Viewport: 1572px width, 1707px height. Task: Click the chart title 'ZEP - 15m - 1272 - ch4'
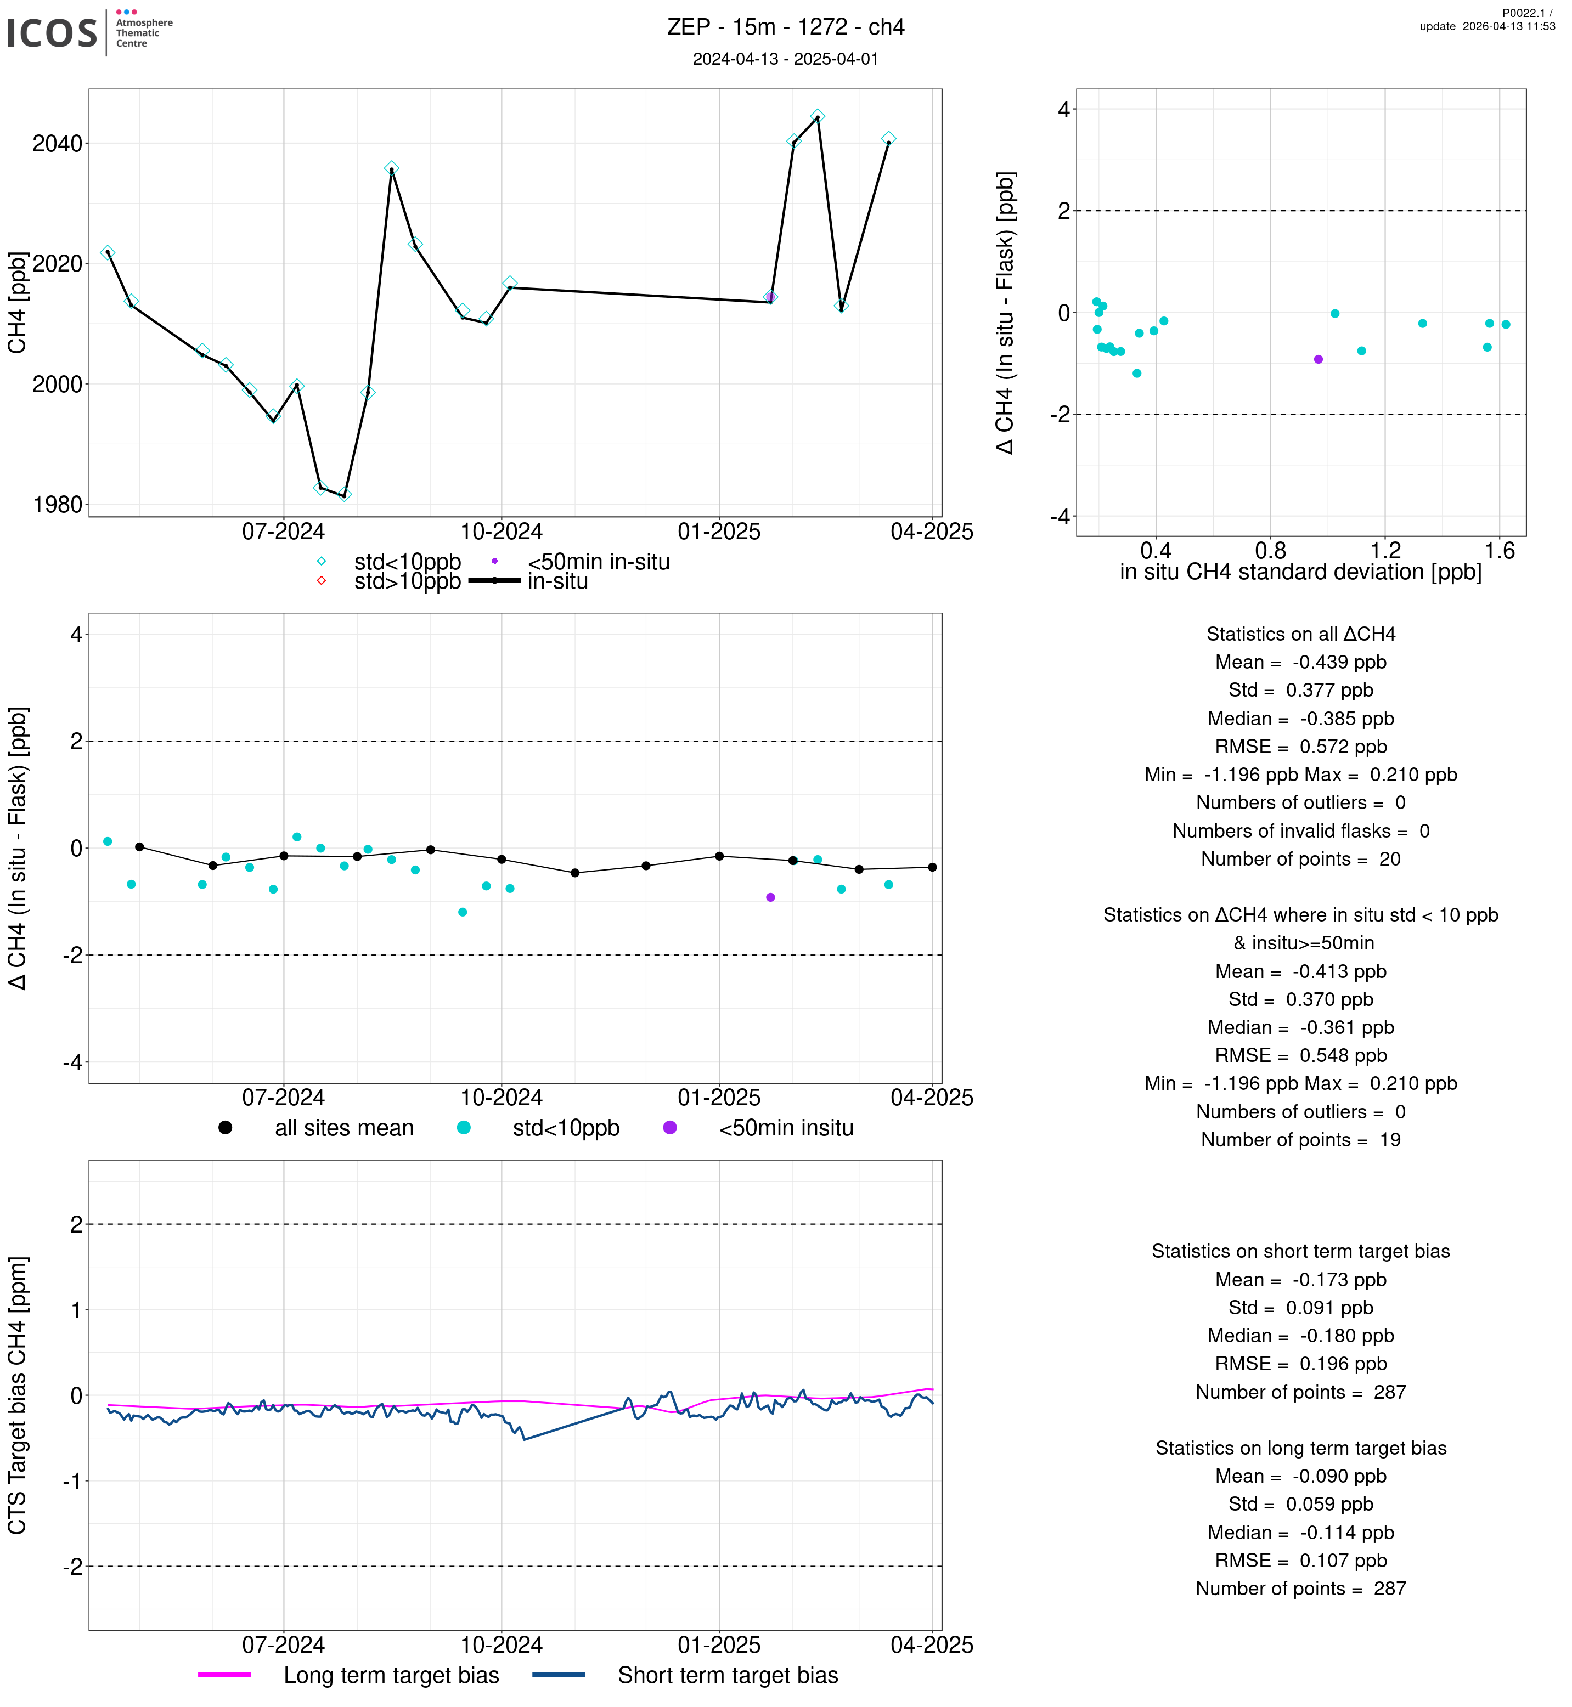pos(785,27)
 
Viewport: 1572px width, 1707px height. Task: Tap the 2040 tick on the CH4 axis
pos(57,144)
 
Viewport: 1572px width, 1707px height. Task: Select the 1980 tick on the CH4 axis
pos(57,505)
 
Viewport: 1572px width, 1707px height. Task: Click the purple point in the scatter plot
pos(1319,360)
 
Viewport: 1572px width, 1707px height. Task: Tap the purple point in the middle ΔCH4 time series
pos(771,897)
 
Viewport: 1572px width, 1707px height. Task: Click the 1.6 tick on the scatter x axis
pos(1500,551)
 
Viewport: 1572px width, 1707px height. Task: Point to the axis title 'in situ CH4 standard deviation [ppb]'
pos(1300,573)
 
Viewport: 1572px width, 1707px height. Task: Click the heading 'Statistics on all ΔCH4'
pos(1300,635)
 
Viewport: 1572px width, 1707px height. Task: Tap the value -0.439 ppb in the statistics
pos(1339,663)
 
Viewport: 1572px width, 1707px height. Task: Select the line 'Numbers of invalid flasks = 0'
pos(1300,831)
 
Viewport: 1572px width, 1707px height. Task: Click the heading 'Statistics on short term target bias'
pos(1300,1251)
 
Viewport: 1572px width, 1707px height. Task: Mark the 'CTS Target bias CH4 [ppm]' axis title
pos(18,1395)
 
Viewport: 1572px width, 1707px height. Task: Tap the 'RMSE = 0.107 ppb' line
pos(1300,1561)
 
